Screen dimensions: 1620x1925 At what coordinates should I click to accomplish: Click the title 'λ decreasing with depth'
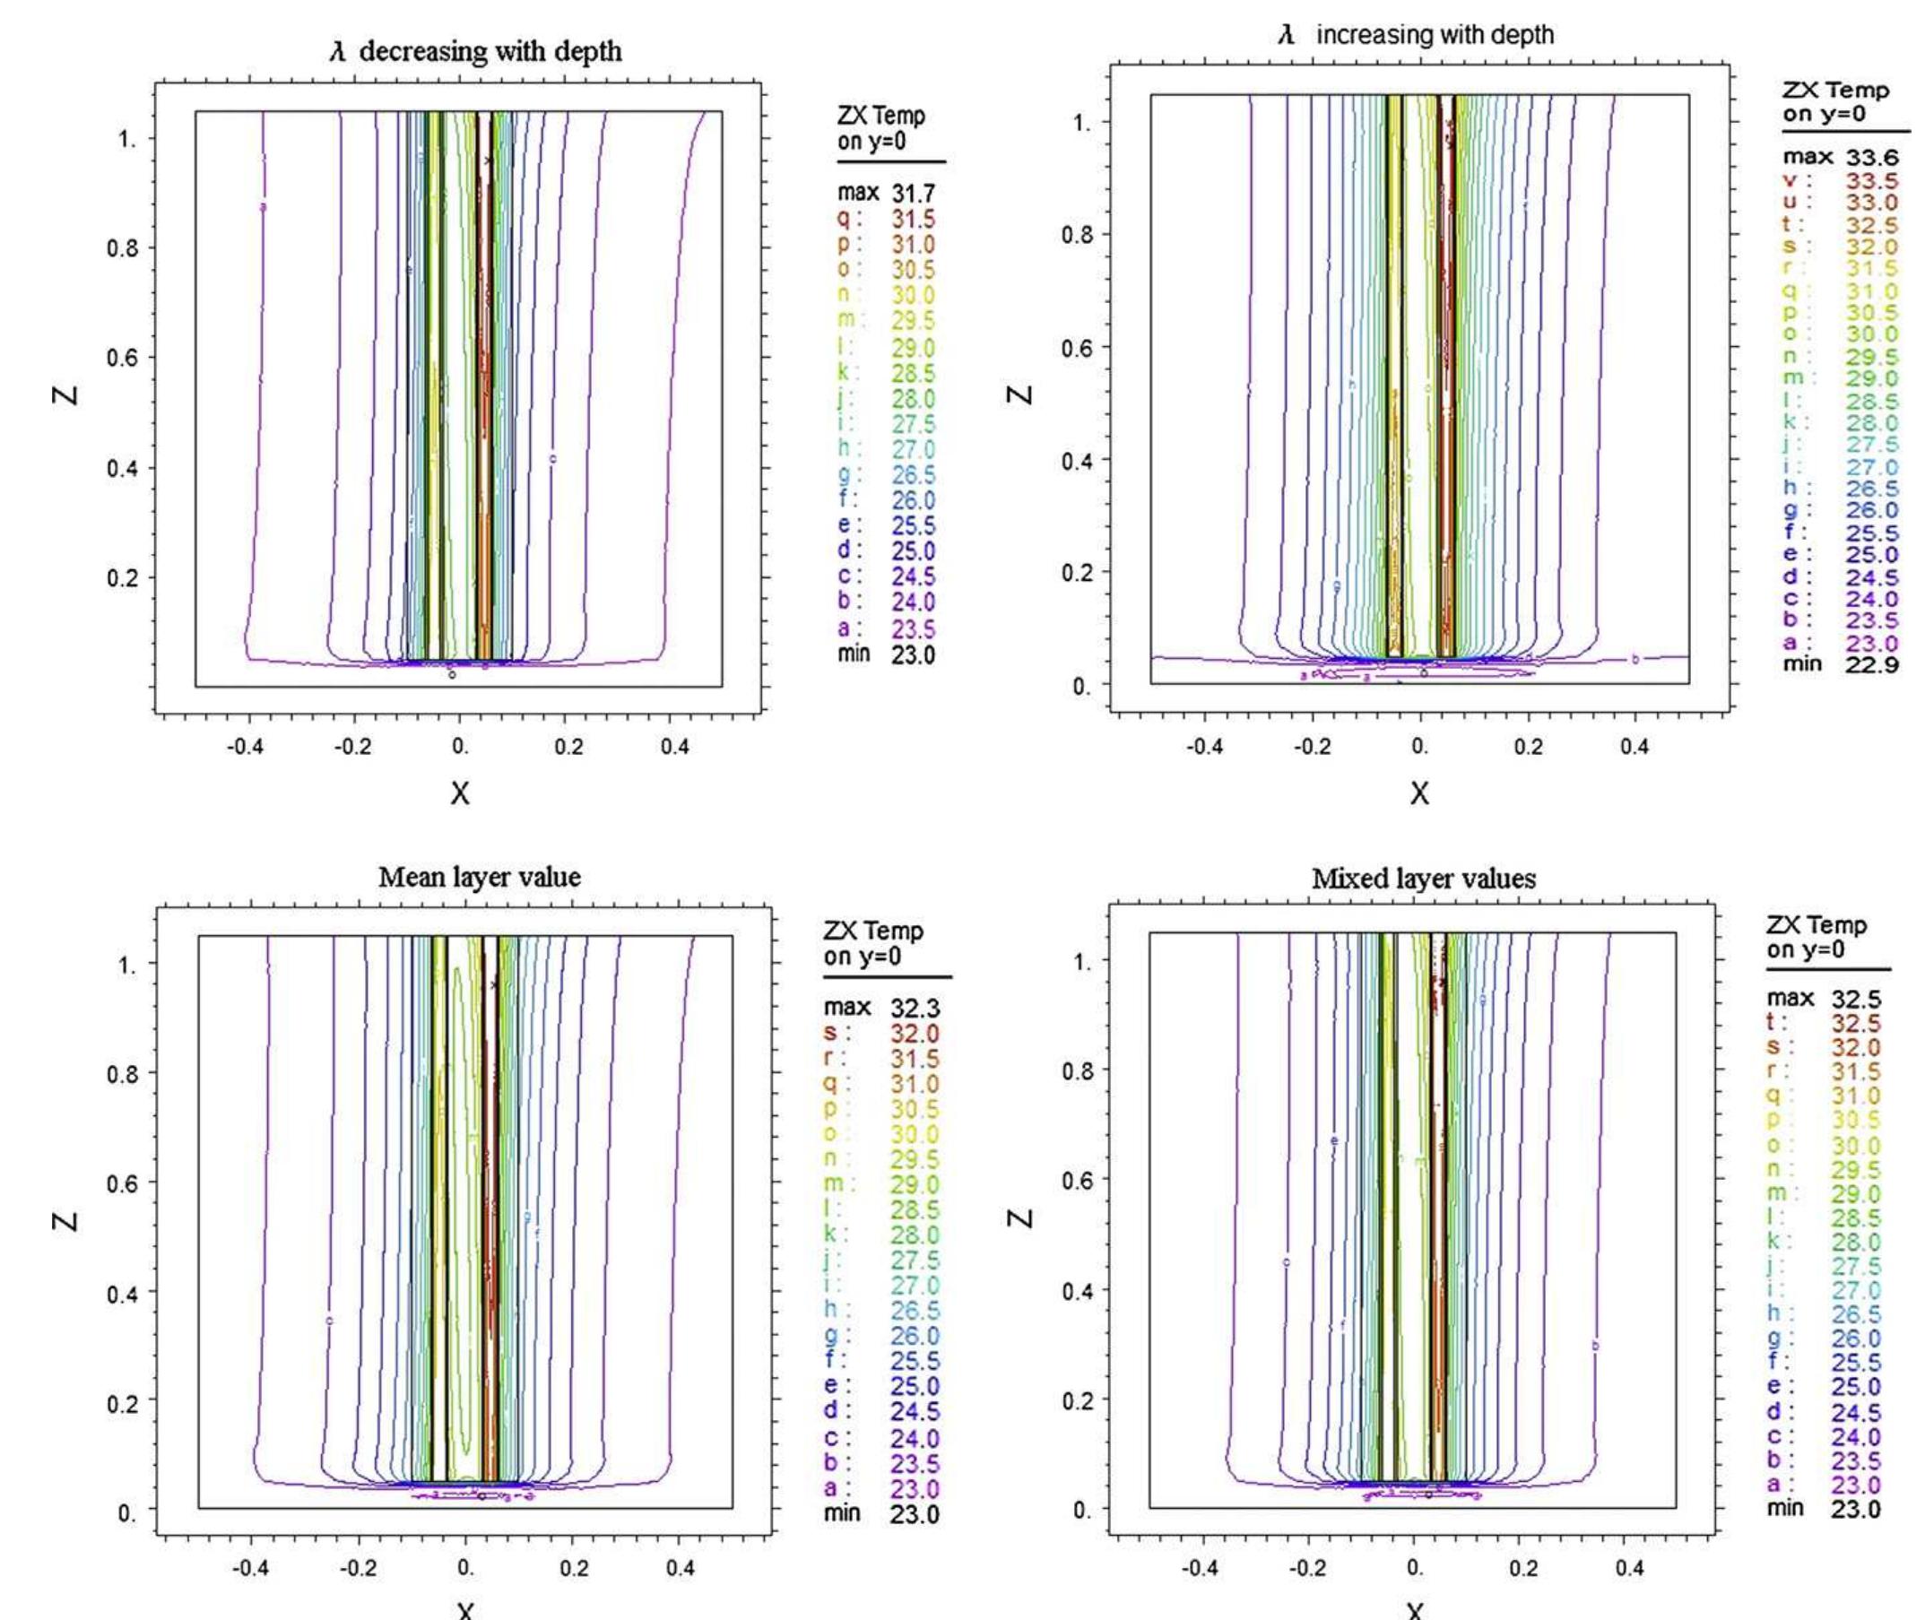coord(476,51)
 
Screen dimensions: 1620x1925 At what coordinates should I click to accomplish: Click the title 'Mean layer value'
coord(480,877)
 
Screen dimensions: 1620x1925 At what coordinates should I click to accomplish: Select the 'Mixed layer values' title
coord(1424,879)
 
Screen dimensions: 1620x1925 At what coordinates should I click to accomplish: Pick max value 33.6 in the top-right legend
coord(1872,158)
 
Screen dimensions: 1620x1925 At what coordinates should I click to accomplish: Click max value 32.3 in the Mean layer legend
coord(915,1009)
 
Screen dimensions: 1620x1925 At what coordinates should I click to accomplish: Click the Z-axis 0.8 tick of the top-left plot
coord(122,248)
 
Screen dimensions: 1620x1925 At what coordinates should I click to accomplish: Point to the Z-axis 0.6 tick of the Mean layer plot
coord(122,1183)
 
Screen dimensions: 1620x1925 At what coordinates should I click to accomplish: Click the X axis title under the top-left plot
coord(459,793)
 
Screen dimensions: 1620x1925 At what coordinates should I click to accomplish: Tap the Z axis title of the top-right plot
coord(1019,394)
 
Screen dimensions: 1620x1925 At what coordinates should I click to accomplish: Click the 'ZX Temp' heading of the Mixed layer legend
coord(1816,925)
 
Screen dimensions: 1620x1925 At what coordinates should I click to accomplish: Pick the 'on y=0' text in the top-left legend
coord(871,141)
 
